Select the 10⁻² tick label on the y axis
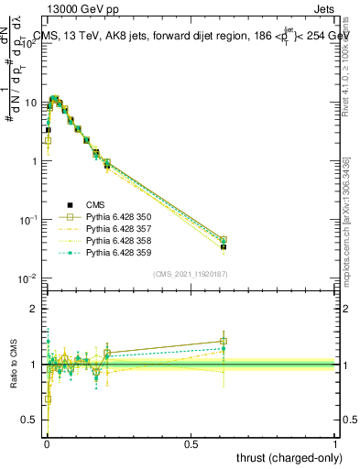coord(29,278)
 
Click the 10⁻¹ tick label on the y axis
coord(29,220)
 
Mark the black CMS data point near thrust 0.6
coord(224,247)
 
